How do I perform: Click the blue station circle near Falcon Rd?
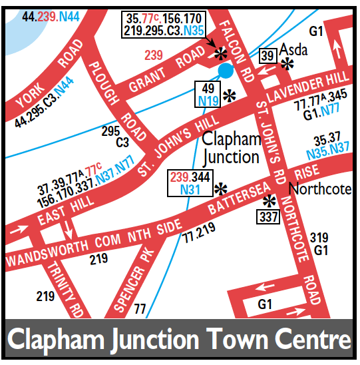[226, 70]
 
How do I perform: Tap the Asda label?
[293, 51]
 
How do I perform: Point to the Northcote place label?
[319, 189]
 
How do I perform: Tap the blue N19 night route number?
[210, 102]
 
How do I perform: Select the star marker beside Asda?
[288, 64]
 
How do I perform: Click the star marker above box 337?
[270, 201]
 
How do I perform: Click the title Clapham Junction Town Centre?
[179, 340]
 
